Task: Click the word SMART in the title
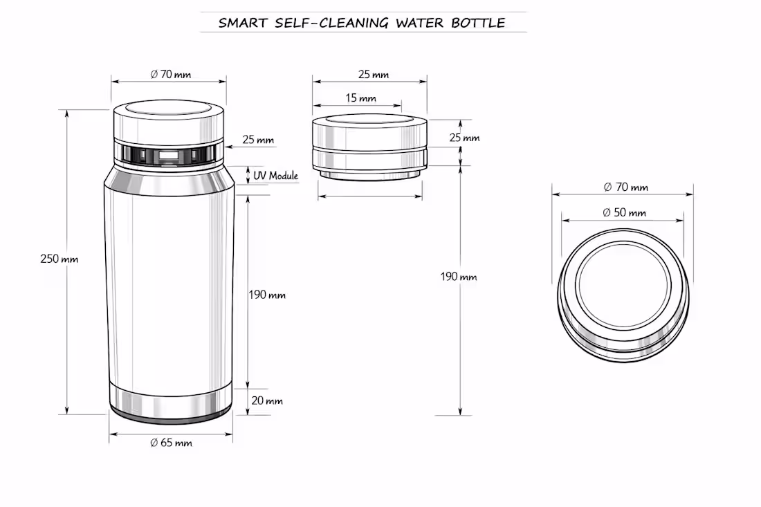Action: click(243, 23)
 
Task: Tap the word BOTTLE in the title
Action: click(478, 23)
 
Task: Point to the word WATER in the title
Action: click(420, 23)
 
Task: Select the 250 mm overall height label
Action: click(59, 259)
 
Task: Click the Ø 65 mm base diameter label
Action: click(172, 443)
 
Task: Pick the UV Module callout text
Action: click(275, 176)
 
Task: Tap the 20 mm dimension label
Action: click(267, 400)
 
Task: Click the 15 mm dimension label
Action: click(360, 98)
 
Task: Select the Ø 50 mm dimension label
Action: click(624, 212)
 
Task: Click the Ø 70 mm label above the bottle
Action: click(171, 74)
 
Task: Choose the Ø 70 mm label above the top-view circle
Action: click(626, 187)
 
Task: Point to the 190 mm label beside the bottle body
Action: click(267, 295)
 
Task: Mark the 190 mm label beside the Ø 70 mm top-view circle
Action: click(459, 277)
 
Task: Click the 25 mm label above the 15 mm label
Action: click(374, 74)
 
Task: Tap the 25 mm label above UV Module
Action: click(258, 140)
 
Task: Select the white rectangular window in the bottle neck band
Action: click(168, 156)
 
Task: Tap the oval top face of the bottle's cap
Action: click(169, 108)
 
